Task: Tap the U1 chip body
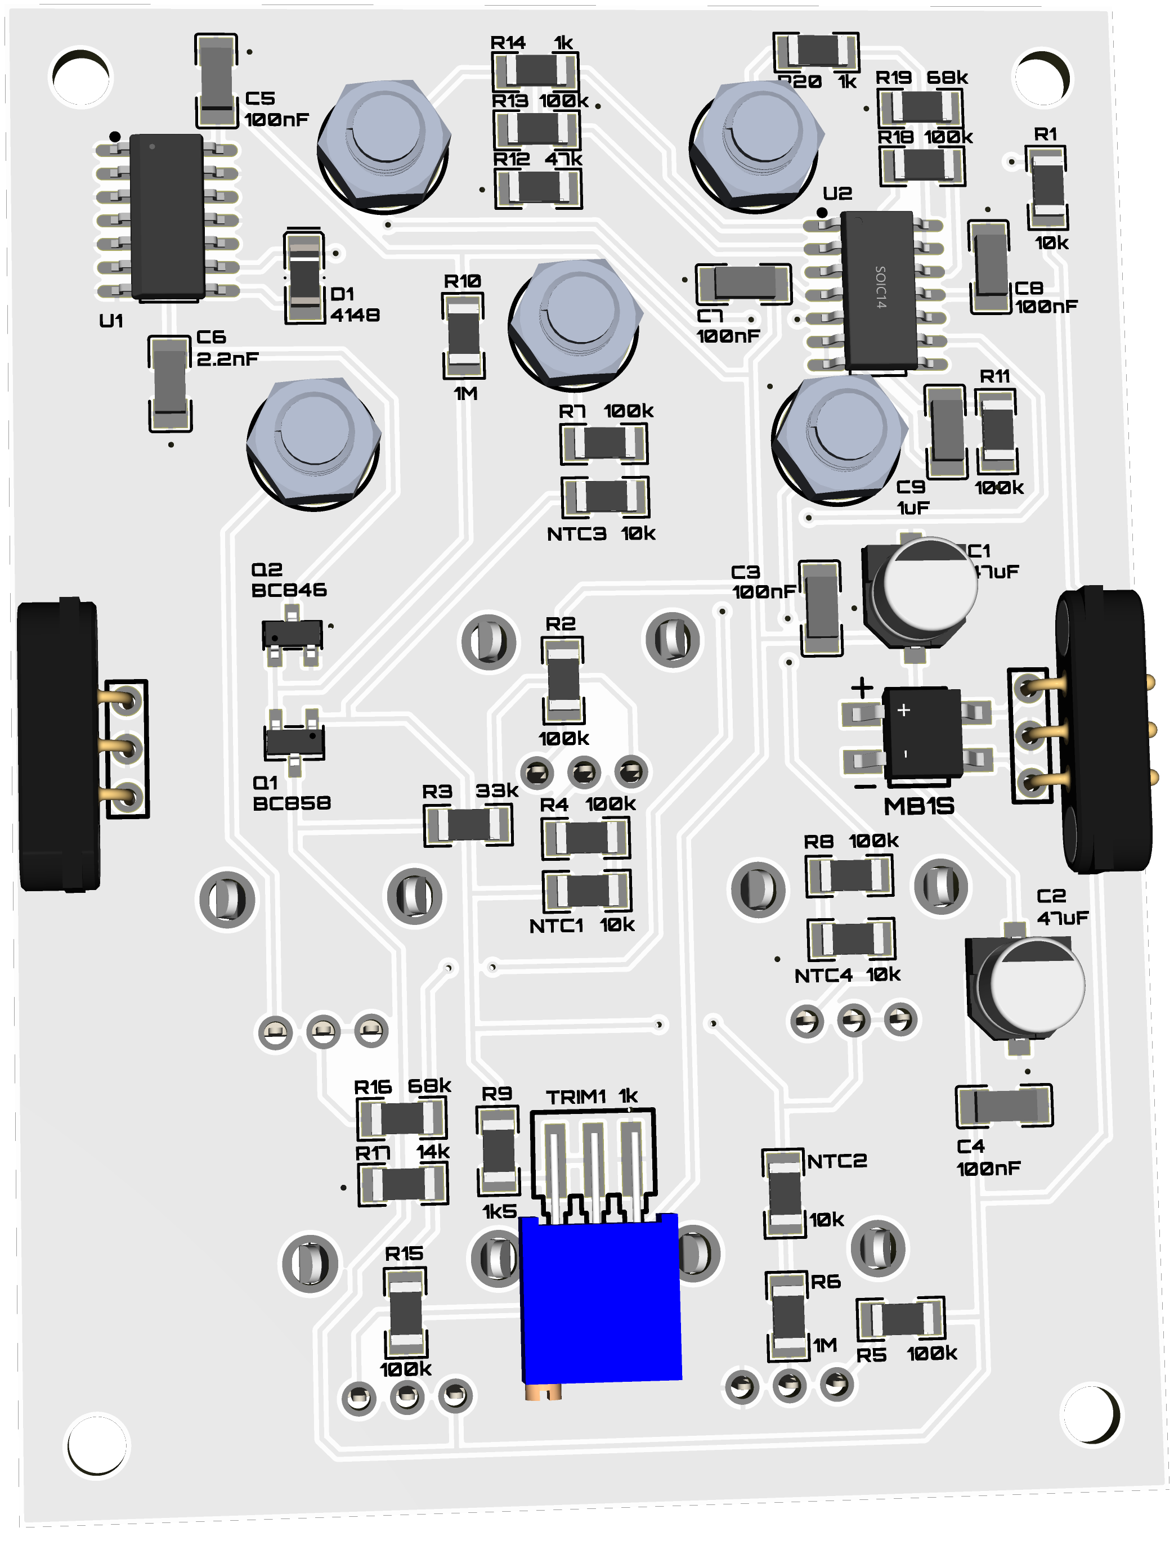point(167,217)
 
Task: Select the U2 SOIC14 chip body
point(880,290)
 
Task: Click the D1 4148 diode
point(304,276)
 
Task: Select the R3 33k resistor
point(468,826)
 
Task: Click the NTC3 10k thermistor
point(605,496)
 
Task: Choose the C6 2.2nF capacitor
point(170,384)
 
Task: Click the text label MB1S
point(918,807)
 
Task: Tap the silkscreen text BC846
point(289,590)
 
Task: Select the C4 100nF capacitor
point(1004,1106)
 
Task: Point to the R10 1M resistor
point(463,336)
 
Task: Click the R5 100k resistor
point(901,1319)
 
